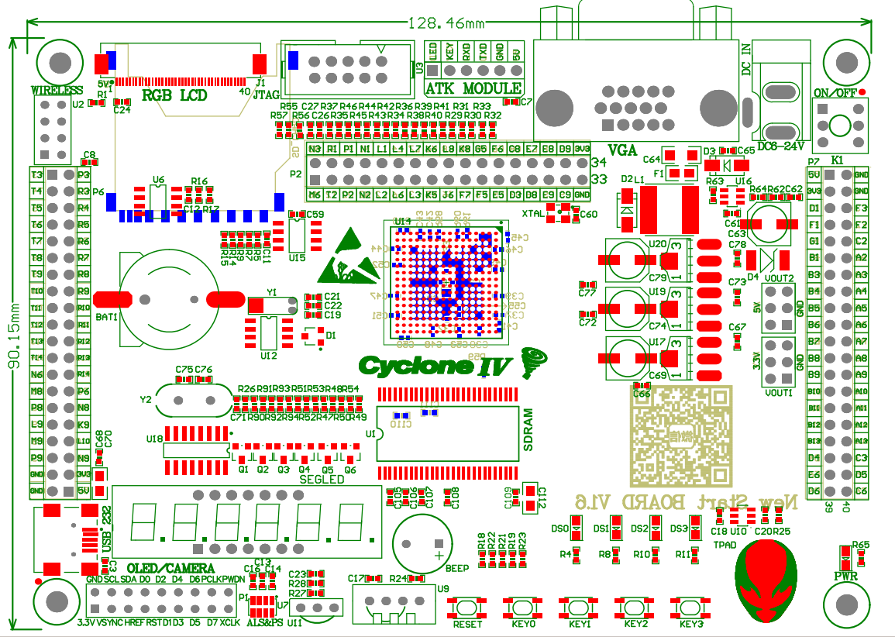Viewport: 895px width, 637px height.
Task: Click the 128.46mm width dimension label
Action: click(446, 24)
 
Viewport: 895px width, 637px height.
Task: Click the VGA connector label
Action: click(622, 150)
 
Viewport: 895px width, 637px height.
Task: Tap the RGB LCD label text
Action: click(174, 95)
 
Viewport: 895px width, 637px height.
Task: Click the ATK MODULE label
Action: click(474, 88)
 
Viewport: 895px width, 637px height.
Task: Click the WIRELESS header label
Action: click(57, 90)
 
